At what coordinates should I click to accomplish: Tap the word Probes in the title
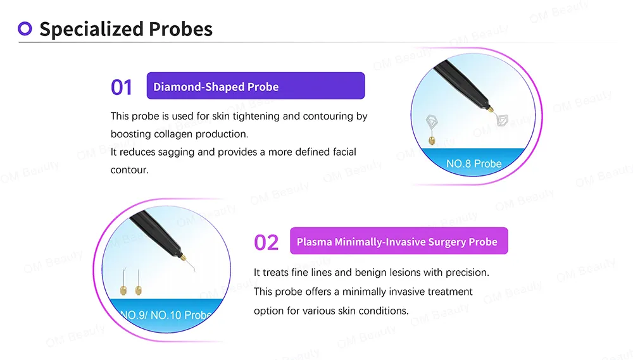(x=180, y=29)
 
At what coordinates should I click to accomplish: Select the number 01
(x=122, y=87)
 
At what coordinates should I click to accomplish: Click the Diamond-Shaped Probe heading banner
(x=256, y=85)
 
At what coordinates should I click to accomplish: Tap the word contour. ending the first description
(x=130, y=170)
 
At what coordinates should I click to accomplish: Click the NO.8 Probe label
(x=474, y=163)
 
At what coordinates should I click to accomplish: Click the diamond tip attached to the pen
(x=502, y=121)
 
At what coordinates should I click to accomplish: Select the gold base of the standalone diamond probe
(x=432, y=140)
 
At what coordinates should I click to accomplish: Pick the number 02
(x=266, y=242)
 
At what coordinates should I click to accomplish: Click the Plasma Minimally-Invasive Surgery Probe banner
(x=399, y=241)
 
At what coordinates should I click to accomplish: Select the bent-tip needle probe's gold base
(x=123, y=290)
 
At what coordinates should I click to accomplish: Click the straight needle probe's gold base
(x=138, y=290)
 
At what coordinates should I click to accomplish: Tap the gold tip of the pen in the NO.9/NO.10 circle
(x=182, y=256)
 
